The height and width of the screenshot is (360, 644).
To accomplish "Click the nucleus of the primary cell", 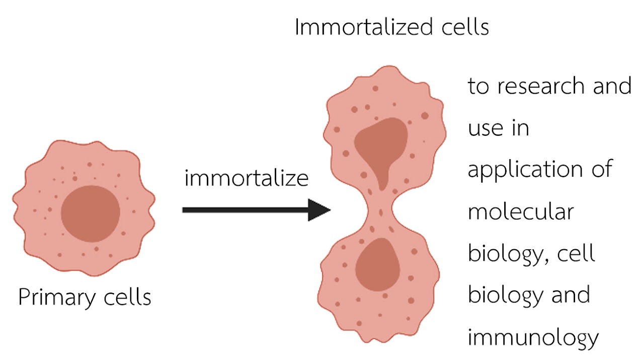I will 91,213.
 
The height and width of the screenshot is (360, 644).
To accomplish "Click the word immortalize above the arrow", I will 247,179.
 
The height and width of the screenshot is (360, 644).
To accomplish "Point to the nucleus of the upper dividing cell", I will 380,146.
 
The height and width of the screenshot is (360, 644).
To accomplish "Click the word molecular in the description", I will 521,212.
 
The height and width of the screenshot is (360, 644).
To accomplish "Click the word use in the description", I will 486,128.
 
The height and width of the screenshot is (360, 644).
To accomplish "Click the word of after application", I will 601,170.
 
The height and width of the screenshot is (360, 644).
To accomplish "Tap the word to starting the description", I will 478,87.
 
